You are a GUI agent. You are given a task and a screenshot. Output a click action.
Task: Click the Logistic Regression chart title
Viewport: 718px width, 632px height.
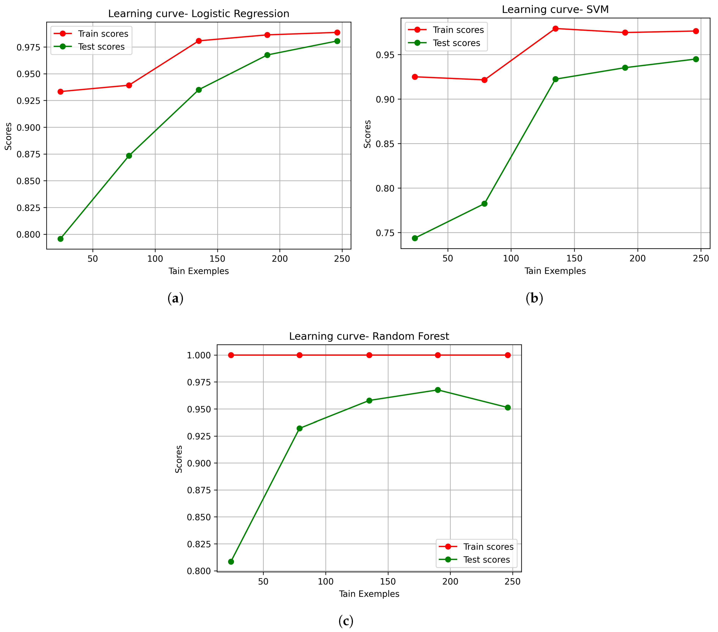198,14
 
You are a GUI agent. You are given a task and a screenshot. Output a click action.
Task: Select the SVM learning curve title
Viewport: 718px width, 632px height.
555,10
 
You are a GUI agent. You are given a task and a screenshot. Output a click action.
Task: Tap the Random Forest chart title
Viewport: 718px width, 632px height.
369,336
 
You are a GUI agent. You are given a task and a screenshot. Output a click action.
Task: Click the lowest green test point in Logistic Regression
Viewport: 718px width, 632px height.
60,239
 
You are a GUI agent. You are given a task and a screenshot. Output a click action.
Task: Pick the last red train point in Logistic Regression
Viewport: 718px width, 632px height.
337,32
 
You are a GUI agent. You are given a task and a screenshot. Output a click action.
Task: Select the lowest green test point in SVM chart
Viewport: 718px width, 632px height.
415,238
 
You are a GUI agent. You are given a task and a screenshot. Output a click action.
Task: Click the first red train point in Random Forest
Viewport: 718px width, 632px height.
231,355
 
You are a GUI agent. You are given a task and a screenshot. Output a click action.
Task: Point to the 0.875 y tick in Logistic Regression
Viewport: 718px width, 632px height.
28,154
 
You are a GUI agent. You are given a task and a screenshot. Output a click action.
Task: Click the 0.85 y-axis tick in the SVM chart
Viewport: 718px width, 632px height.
385,144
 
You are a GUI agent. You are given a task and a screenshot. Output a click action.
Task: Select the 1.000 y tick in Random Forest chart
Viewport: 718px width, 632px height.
199,355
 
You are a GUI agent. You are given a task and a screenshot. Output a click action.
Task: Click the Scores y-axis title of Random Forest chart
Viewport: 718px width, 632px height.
179,459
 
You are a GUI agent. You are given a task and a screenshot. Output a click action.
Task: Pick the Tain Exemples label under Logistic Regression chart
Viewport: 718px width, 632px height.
198,271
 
